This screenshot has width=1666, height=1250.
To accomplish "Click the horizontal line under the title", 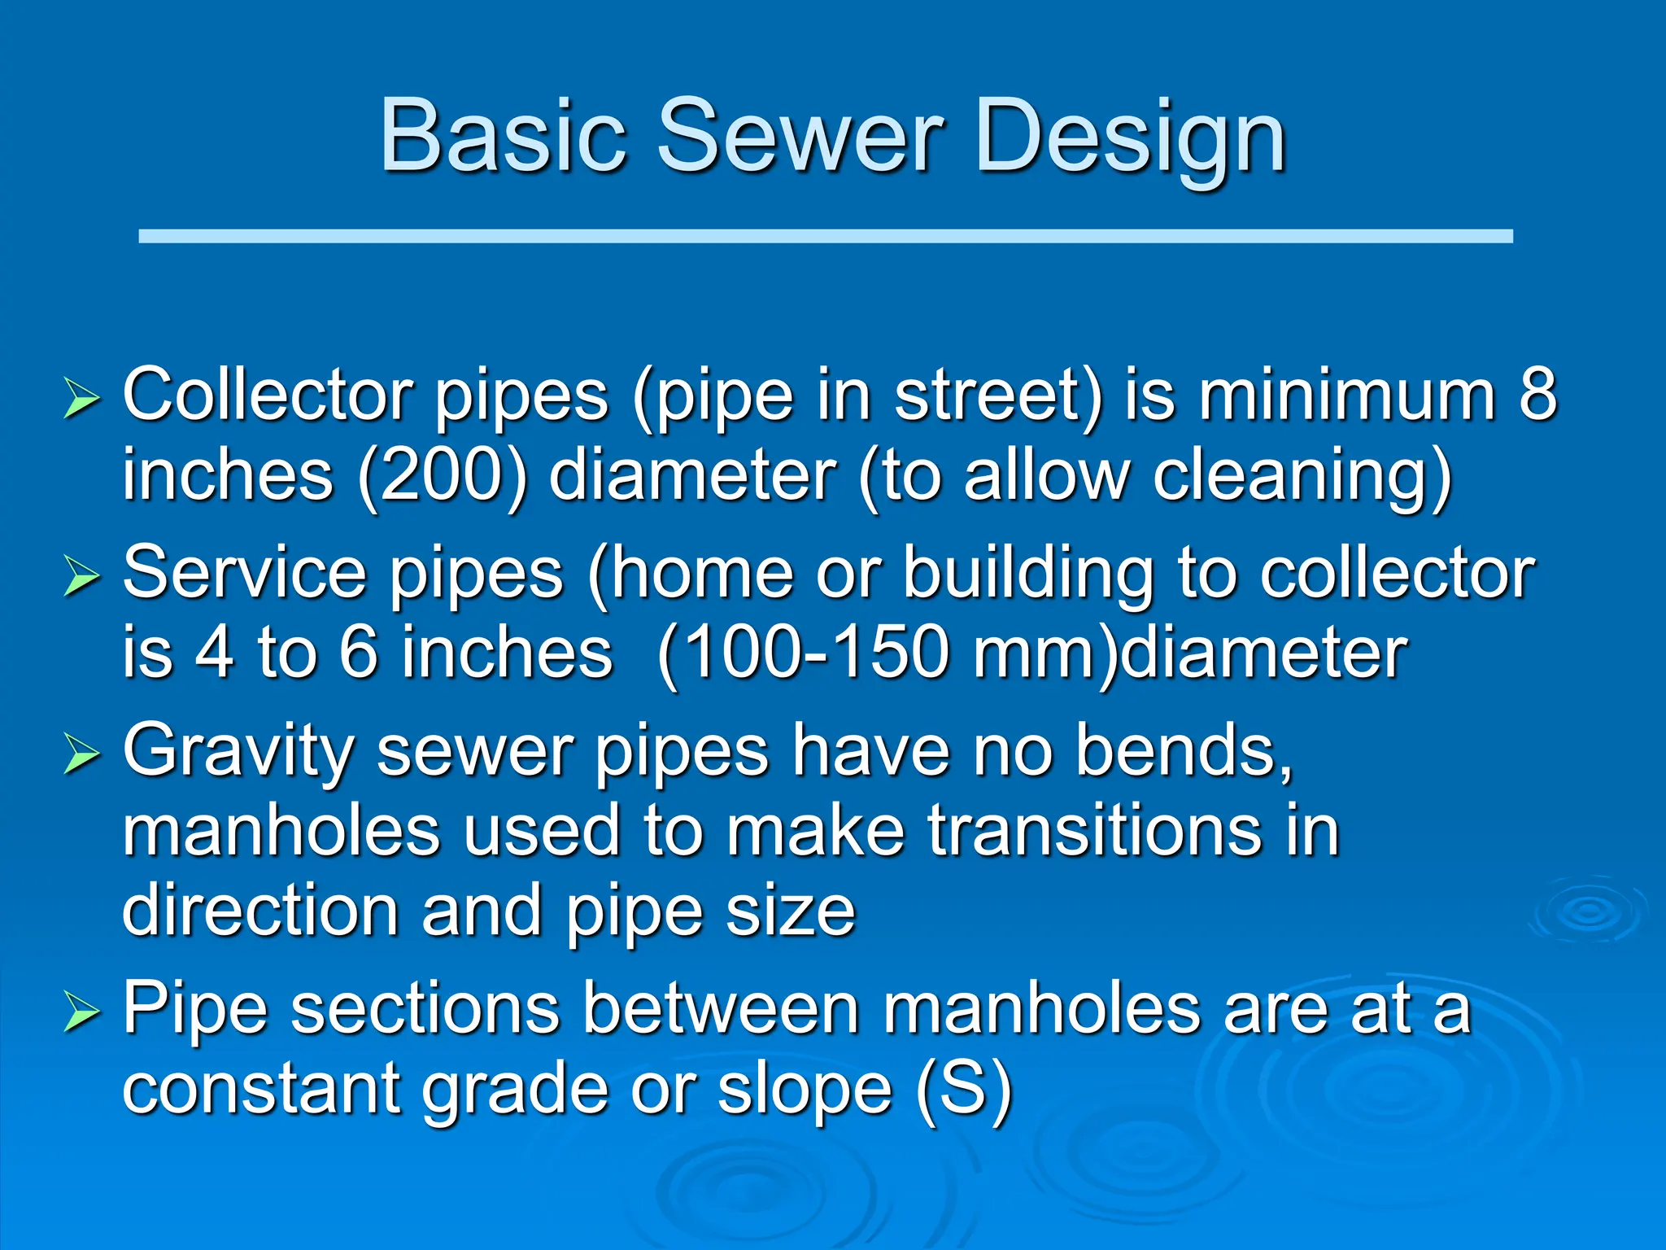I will point(825,236).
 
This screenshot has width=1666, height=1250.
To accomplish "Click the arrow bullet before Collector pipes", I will point(81,400).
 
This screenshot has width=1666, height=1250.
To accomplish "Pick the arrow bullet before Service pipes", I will point(81,579).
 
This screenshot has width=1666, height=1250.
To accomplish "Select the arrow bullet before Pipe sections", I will point(81,1014).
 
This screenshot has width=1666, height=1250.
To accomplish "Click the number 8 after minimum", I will point(1537,395).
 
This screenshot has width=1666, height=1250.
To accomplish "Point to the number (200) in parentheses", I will point(443,476).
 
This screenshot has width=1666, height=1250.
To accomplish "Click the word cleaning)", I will point(1302,476).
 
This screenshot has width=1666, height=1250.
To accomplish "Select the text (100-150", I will point(802,653).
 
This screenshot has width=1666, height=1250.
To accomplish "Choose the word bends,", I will point(1184,750).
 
